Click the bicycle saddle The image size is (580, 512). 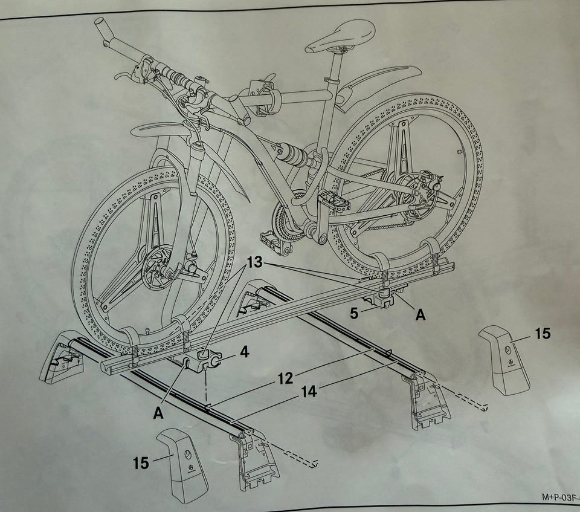click(340, 37)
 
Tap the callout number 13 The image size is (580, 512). click(254, 262)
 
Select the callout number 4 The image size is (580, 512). click(245, 352)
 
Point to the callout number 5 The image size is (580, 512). click(354, 313)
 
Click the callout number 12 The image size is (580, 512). click(286, 379)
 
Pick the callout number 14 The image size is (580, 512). click(309, 392)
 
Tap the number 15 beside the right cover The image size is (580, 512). click(543, 334)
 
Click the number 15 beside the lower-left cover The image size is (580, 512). click(141, 463)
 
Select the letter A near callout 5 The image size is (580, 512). click(420, 315)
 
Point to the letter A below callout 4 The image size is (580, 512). click(158, 413)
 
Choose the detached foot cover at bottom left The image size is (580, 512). click(182, 465)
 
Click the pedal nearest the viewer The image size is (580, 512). click(275, 242)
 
